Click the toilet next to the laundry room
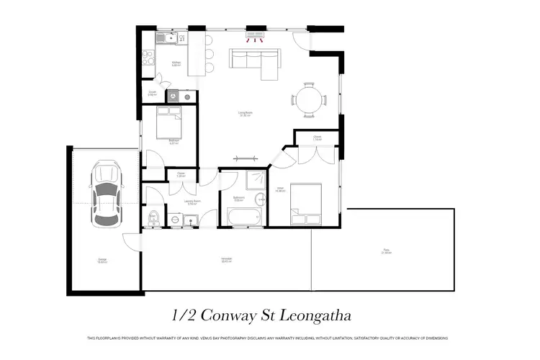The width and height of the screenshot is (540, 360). (x=151, y=217)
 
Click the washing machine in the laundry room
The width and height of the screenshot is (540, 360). (x=175, y=220)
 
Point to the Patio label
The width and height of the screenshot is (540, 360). (x=387, y=251)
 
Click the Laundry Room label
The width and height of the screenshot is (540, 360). (x=192, y=202)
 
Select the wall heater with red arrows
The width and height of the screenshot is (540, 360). (x=256, y=34)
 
